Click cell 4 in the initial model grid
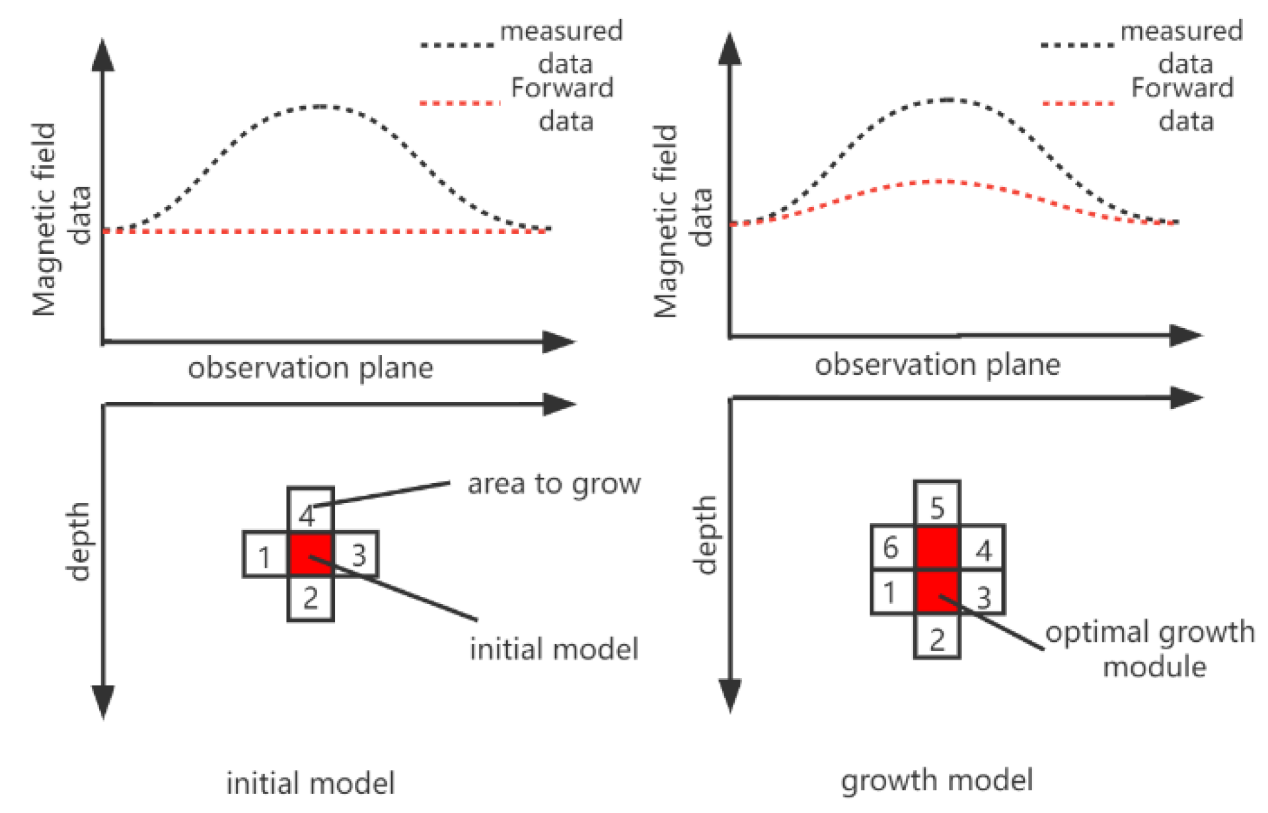pyautogui.click(x=310, y=510)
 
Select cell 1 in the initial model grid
pyautogui.click(x=266, y=555)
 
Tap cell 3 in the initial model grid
pyautogui.click(x=356, y=554)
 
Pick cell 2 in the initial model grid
pyautogui.click(x=311, y=598)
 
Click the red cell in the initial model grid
pyautogui.click(x=311, y=554)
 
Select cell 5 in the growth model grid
pyautogui.click(x=937, y=505)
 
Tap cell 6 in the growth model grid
pyautogui.click(x=893, y=547)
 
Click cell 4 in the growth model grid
pyautogui.click(x=982, y=548)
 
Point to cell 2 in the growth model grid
pyautogui.click(x=937, y=637)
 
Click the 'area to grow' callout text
pyautogui.click(x=554, y=484)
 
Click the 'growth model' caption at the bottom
pyautogui.click(x=937, y=780)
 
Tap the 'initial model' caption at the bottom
pyautogui.click(x=311, y=783)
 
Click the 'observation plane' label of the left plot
pyautogui.click(x=311, y=368)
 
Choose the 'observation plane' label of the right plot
pyautogui.click(x=937, y=364)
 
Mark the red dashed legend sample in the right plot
pyautogui.click(x=1078, y=103)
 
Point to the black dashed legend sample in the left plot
pyautogui.click(x=457, y=45)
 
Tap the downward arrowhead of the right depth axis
pyautogui.click(x=729, y=697)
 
